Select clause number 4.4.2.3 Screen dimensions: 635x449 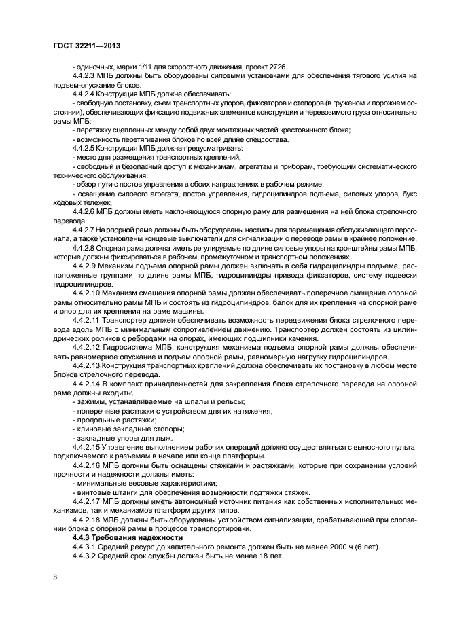(x=86, y=75)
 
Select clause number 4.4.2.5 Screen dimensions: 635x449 (x=86, y=147)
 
